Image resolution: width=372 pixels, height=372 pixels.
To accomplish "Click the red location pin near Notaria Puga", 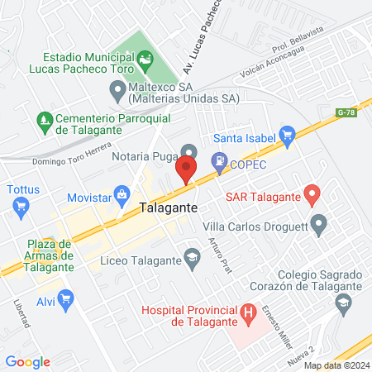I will click(x=186, y=169).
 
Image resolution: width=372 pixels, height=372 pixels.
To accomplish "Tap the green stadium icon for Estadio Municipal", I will click(x=147, y=58).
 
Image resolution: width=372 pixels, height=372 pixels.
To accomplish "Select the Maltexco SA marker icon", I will click(x=117, y=88).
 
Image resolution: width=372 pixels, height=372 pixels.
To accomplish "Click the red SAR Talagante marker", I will click(x=312, y=196).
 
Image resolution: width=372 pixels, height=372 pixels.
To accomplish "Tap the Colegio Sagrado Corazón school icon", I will click(x=342, y=303).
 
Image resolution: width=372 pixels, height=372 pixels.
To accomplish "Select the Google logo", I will click(x=28, y=361).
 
